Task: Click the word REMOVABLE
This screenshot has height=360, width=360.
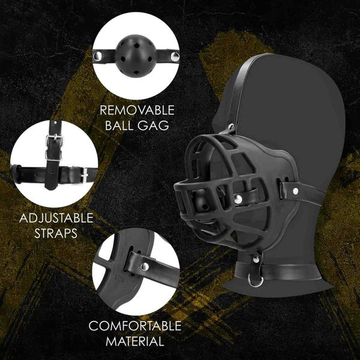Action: tap(137, 110)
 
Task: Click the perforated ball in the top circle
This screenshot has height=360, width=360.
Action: tap(133, 56)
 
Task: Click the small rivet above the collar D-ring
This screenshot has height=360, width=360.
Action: tap(256, 260)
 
